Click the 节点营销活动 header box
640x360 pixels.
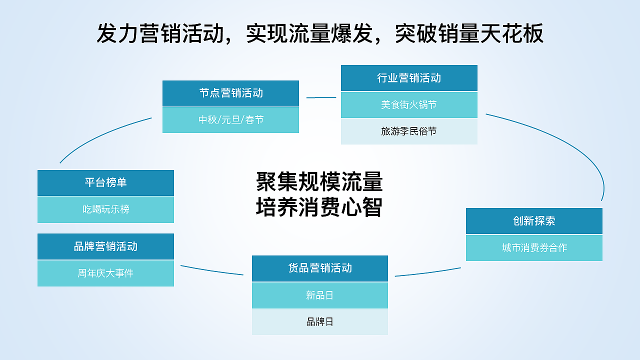click(x=230, y=93)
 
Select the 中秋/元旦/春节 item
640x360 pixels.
click(x=230, y=120)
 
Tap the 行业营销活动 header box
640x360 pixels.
click(x=409, y=78)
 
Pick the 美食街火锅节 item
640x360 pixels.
click(x=409, y=105)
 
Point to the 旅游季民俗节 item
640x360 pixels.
click(x=409, y=131)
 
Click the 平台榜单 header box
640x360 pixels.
click(x=105, y=182)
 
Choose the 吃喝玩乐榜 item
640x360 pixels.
click(x=105, y=209)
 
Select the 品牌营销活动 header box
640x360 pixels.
click(x=105, y=246)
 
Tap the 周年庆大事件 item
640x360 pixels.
click(x=105, y=273)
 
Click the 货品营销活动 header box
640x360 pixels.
click(x=320, y=268)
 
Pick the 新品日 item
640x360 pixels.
click(x=320, y=295)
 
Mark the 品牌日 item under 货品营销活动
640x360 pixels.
click(x=320, y=322)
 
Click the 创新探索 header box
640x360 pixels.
click(x=534, y=221)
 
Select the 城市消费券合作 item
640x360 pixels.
click(x=534, y=248)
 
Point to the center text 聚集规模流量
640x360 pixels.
click(x=319, y=182)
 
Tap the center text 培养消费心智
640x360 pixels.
click(x=319, y=207)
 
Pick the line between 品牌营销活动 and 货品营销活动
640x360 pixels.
click(x=212, y=271)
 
